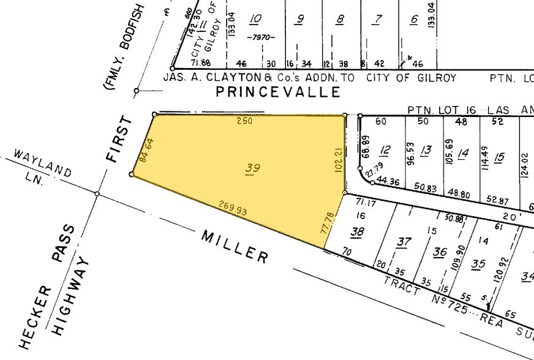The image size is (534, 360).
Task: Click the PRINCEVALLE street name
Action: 278,92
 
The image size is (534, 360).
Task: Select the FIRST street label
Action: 119,140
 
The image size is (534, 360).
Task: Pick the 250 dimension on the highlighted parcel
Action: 244,121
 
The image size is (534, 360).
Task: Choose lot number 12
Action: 385,150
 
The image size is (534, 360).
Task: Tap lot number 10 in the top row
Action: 256,20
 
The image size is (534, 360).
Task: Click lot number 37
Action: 403,242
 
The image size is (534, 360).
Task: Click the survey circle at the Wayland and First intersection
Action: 97,194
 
